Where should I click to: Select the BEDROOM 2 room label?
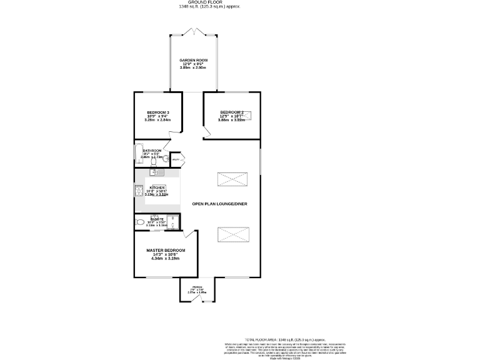231,112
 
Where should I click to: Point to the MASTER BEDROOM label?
166,251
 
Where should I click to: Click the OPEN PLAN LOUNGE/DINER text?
215,204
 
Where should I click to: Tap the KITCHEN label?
157,187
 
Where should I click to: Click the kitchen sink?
156,172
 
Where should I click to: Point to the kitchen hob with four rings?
139,191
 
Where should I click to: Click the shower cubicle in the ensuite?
172,222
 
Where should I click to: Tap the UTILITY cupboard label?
176,160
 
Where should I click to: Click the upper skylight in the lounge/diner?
232,180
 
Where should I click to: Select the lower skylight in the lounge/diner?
232,235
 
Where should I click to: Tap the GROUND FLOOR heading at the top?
209,2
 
